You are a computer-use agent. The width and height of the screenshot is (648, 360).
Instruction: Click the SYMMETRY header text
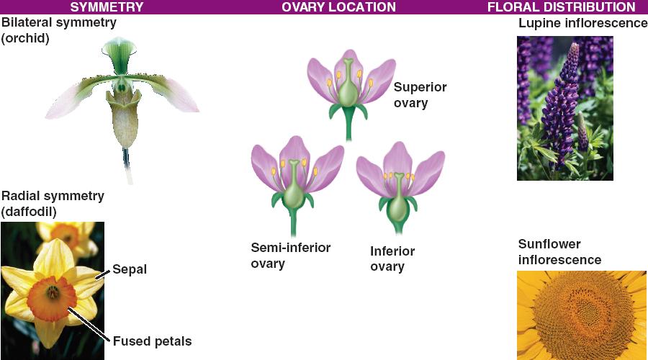pyautogui.click(x=107, y=7)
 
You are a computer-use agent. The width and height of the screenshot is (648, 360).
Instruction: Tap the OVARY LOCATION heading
pyautogui.click(x=338, y=7)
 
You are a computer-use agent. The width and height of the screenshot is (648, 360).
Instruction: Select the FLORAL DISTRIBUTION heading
pyautogui.click(x=561, y=7)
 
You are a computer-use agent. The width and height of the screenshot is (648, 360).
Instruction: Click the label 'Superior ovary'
pyautogui.click(x=420, y=95)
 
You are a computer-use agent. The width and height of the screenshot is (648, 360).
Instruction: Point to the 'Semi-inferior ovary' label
pyautogui.click(x=291, y=256)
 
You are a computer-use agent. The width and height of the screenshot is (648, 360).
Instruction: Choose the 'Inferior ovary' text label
pyautogui.click(x=392, y=258)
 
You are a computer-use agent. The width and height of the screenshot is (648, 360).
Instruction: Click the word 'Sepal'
pyautogui.click(x=130, y=269)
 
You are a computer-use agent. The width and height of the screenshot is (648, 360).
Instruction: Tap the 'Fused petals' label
pyautogui.click(x=152, y=341)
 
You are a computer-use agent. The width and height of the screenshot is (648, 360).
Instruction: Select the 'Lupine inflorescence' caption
pyautogui.click(x=582, y=23)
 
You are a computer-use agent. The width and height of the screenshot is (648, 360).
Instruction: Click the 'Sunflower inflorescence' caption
pyautogui.click(x=559, y=252)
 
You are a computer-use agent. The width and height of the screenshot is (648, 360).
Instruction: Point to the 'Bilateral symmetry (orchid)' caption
pyautogui.click(x=59, y=30)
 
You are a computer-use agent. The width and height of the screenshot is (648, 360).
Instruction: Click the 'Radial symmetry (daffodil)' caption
pyautogui.click(x=53, y=203)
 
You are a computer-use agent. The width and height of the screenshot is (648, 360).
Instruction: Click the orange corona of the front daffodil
pyautogui.click(x=52, y=298)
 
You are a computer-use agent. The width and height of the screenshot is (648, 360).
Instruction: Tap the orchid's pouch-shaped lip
pyautogui.click(x=124, y=120)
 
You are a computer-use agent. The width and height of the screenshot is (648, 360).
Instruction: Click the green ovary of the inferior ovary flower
pyautogui.click(x=397, y=208)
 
